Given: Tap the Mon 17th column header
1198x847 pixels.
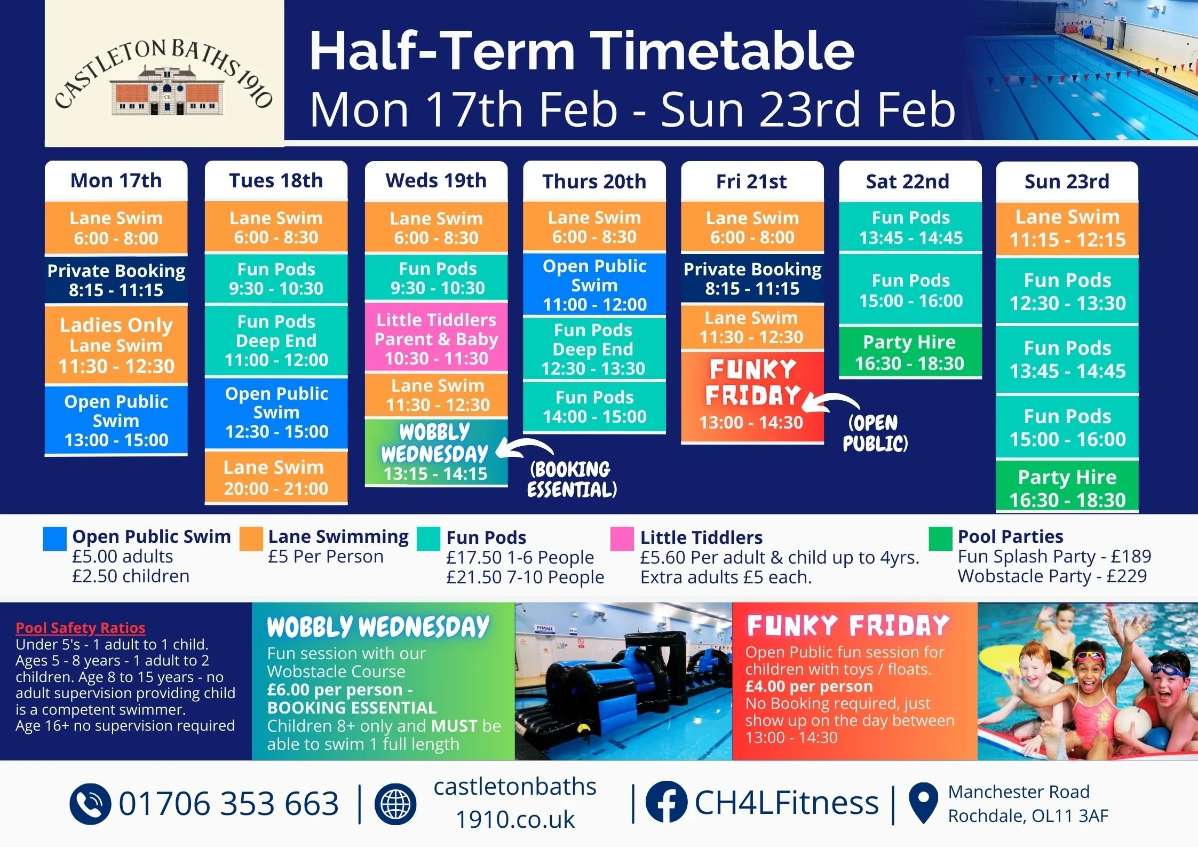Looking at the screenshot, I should [116, 181].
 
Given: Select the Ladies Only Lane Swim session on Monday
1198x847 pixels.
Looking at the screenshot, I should [116, 345].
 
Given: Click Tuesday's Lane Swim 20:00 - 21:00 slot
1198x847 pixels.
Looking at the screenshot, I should [276, 478].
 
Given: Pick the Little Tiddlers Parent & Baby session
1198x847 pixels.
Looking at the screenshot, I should [436, 339].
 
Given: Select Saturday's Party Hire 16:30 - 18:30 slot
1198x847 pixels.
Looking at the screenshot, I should [910, 352].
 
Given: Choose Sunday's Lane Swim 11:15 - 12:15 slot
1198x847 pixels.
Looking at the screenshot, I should [1067, 228].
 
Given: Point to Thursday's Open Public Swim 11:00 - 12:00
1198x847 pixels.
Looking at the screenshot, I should [594, 285].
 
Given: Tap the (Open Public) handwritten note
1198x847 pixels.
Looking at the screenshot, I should [875, 432].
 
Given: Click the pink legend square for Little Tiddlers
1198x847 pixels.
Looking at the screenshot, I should [622, 539].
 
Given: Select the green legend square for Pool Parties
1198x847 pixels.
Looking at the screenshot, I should [940, 539].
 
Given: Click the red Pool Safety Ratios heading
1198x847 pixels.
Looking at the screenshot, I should [80, 628].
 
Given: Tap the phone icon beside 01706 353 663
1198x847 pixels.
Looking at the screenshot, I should [90, 804].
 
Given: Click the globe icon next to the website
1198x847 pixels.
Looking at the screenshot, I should [395, 804].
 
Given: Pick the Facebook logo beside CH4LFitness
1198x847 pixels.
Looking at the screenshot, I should [666, 802].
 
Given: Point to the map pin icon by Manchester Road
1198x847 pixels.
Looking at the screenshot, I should [923, 803].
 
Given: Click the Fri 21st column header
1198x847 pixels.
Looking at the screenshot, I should [751, 181].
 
